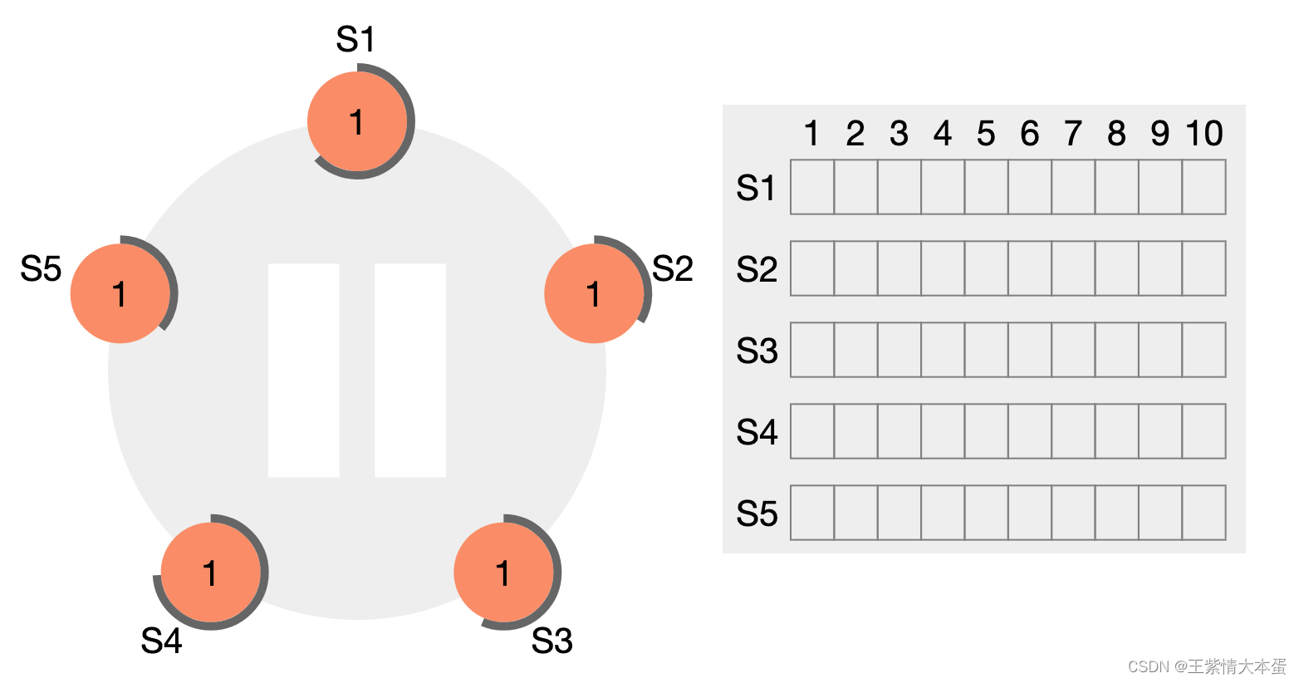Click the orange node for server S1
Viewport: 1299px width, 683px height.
click(x=357, y=121)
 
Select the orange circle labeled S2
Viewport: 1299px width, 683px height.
click(x=594, y=293)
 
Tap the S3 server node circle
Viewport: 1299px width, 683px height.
click(x=503, y=572)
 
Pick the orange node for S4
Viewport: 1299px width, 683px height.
click(x=211, y=572)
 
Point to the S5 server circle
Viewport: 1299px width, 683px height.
click(x=120, y=293)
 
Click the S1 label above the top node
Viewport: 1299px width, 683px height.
click(x=355, y=39)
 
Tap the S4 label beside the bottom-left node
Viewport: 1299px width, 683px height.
click(x=161, y=641)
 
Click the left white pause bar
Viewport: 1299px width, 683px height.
click(x=304, y=371)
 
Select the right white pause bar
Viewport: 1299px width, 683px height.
click(x=410, y=371)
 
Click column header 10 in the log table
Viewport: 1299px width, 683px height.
click(x=1204, y=133)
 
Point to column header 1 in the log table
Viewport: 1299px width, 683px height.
click(x=811, y=133)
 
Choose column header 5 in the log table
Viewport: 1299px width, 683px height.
click(x=986, y=133)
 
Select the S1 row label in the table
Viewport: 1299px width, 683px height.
click(x=756, y=188)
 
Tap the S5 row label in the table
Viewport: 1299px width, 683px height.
click(x=756, y=513)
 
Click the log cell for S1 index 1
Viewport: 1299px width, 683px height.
click(x=812, y=187)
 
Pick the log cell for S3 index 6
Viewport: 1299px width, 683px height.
click(x=1030, y=350)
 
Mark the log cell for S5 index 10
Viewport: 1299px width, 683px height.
click(x=1203, y=513)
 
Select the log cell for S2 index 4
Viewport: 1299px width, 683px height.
click(x=943, y=268)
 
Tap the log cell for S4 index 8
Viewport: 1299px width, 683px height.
click(x=1116, y=431)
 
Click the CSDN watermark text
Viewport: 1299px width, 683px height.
click(x=1207, y=666)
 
